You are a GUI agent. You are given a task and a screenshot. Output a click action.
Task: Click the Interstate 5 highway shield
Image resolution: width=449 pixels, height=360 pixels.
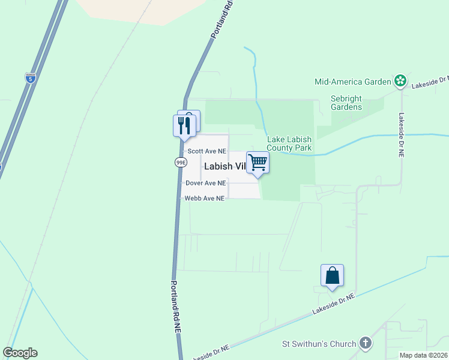click(x=30, y=77)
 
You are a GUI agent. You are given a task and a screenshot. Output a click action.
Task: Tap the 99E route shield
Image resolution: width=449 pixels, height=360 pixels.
click(x=181, y=163)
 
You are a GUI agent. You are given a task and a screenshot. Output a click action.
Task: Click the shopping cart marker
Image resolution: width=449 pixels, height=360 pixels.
click(x=258, y=162)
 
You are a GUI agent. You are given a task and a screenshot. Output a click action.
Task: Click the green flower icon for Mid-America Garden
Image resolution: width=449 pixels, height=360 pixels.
click(x=400, y=80)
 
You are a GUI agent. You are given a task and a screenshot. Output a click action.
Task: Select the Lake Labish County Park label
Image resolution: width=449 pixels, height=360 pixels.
click(x=289, y=143)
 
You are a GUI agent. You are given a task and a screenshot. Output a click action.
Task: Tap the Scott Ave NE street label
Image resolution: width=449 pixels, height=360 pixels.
click(x=206, y=152)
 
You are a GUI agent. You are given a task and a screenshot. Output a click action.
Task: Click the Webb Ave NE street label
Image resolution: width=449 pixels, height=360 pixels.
click(x=205, y=198)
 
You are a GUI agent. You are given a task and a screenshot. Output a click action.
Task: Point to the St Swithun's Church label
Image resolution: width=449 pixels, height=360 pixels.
click(x=319, y=344)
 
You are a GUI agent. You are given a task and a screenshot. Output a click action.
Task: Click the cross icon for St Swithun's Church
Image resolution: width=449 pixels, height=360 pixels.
click(x=365, y=344)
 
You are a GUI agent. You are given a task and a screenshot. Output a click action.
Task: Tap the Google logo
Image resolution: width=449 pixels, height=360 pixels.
click(x=20, y=353)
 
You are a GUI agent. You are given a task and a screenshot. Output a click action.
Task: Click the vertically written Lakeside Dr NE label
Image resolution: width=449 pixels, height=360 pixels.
click(x=402, y=135)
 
